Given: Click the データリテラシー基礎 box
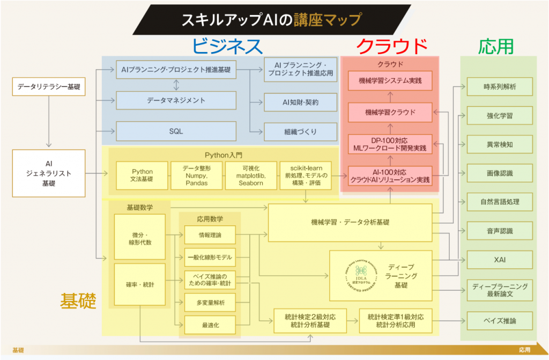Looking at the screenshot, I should coord(49,86).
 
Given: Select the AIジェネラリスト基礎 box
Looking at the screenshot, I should coord(49,173).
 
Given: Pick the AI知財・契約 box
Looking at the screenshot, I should coord(300,102).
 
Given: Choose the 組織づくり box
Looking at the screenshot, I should coord(300,131).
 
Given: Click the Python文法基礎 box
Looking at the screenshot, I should coord(142,175).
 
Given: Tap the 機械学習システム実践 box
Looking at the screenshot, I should coord(390,82).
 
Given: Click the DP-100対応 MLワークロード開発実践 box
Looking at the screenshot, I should coord(390,144).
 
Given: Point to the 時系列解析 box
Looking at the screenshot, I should coord(500,86).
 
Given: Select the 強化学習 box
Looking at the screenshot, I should coord(500,115).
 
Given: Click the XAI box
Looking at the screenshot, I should coord(500,260).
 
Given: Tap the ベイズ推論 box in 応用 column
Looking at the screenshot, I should coord(500,321).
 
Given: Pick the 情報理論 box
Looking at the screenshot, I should coord(209,234).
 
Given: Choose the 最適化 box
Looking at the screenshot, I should coord(209,324).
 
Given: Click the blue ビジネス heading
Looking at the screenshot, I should coord(227,46).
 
